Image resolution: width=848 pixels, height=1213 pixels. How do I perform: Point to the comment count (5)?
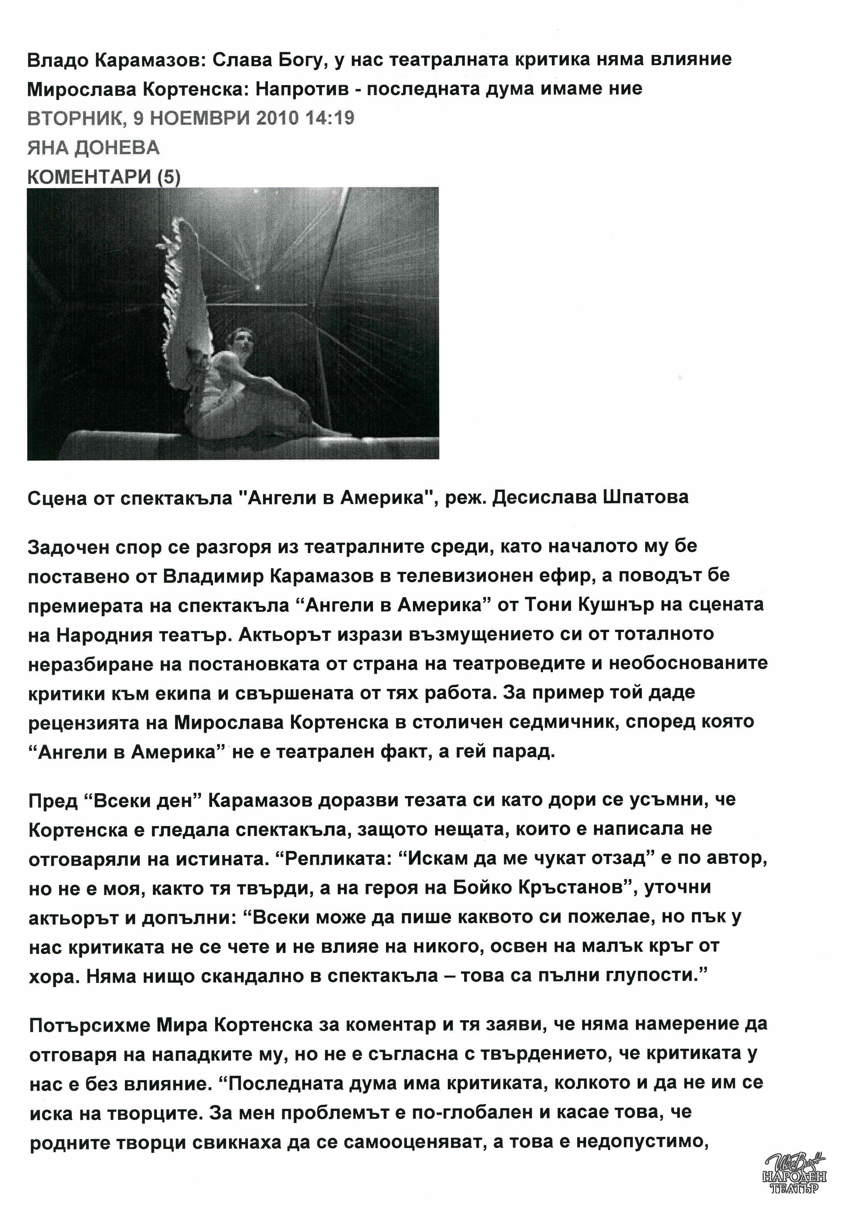point(168,177)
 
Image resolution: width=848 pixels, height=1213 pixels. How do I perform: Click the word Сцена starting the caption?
point(57,498)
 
